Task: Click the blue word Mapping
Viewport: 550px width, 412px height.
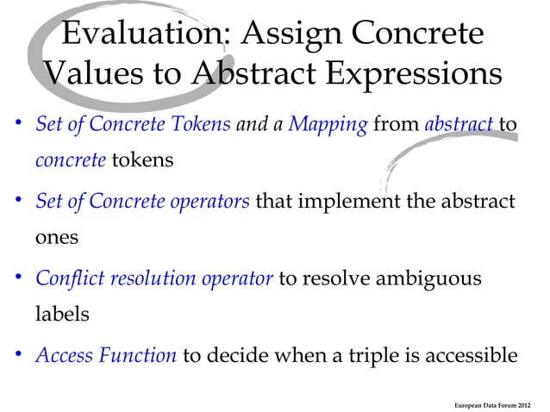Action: pos(328,126)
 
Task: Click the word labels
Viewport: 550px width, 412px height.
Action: pos(62,314)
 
